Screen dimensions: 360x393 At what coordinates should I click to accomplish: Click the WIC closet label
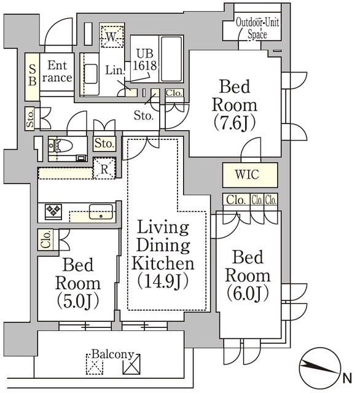click(247, 174)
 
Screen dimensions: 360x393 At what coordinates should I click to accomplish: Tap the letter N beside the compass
click(346, 378)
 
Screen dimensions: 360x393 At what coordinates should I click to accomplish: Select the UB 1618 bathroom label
click(144, 60)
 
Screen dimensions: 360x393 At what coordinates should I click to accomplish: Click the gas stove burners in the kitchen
click(53, 211)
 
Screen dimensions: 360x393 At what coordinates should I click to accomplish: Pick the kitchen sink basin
click(101, 212)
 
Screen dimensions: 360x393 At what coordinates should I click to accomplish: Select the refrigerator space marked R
click(104, 168)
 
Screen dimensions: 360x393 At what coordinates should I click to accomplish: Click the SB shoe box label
click(33, 74)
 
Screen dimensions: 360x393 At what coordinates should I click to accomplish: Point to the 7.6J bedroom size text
click(235, 123)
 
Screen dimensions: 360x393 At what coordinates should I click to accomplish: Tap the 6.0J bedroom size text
click(248, 294)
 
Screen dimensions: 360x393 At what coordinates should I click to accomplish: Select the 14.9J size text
click(163, 281)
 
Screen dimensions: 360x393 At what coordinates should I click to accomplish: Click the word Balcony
click(112, 354)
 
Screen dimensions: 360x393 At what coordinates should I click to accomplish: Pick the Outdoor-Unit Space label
click(257, 28)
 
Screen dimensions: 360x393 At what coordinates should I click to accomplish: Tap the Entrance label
click(57, 71)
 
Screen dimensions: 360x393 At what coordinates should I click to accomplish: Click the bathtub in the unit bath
click(171, 59)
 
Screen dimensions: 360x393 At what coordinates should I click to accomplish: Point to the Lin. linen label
click(114, 71)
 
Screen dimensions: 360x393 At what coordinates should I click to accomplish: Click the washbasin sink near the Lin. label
click(90, 74)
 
